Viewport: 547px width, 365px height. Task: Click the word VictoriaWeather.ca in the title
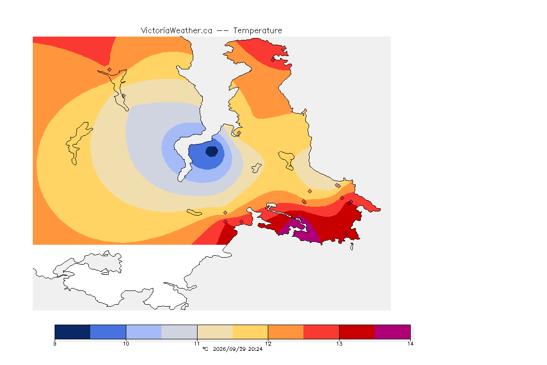[177, 31]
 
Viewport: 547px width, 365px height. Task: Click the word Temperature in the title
[257, 31]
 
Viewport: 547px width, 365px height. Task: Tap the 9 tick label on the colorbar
[55, 344]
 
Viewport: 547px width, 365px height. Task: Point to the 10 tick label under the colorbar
[126, 344]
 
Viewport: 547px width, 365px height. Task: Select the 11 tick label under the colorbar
[197, 344]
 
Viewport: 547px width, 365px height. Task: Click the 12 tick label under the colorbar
[268, 344]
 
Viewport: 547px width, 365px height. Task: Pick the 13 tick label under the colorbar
[339, 344]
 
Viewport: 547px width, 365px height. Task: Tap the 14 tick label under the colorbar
[410, 344]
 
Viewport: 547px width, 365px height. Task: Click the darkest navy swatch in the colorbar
[73, 332]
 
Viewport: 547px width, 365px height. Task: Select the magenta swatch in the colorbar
[393, 332]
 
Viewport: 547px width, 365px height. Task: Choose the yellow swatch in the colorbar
[250, 332]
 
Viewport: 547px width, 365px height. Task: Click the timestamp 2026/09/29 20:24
[237, 349]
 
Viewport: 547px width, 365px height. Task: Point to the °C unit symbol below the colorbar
[205, 349]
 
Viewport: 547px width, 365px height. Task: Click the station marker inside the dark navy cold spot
[215, 151]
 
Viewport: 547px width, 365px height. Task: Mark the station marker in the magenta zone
[299, 220]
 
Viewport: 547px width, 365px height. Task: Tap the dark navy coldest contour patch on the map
[211, 152]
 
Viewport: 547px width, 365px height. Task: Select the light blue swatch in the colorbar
[144, 332]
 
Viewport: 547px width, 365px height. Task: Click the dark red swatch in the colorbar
[357, 332]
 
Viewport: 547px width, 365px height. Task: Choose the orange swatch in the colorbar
[286, 332]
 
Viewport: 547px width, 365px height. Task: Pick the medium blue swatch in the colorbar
[108, 332]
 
